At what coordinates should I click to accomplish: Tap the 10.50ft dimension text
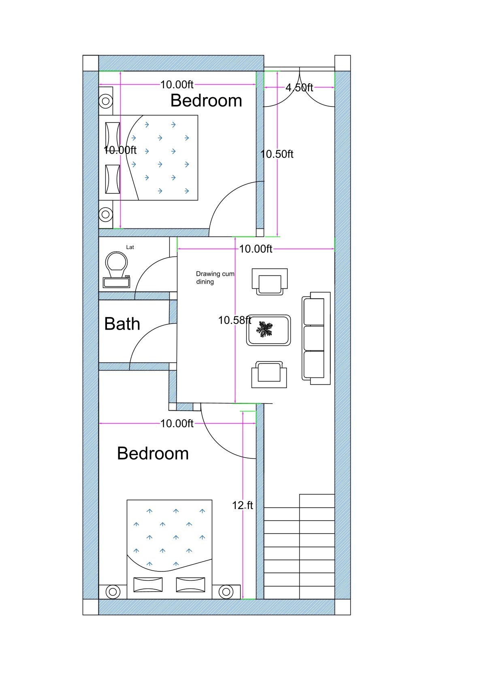tap(277, 154)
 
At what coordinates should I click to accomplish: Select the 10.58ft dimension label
tap(235, 320)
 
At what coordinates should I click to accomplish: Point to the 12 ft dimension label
tap(242, 505)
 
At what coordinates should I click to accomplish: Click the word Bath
tap(122, 324)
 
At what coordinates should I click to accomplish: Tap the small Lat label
tap(130, 247)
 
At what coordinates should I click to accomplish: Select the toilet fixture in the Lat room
tap(116, 269)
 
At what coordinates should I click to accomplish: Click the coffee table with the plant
tap(269, 330)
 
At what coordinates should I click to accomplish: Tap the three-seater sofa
tap(316, 338)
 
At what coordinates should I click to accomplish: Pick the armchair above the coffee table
tap(270, 281)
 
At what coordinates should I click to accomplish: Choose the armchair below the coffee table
tap(269, 374)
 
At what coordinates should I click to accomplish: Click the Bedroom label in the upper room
tap(206, 100)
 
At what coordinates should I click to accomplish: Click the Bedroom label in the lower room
tap(153, 453)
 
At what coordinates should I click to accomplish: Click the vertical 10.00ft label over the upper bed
tap(120, 150)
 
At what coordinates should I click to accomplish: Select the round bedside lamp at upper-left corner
tap(106, 101)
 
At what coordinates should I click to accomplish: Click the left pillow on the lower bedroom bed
tap(148, 584)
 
